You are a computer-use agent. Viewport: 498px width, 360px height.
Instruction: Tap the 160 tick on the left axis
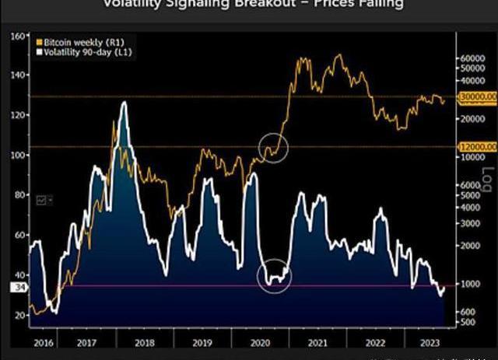pos(17,36)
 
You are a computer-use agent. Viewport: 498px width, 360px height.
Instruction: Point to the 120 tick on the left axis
pos(17,115)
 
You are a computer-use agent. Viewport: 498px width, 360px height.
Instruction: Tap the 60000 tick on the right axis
pos(472,58)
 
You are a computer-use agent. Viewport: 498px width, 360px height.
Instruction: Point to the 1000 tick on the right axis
pos(469,284)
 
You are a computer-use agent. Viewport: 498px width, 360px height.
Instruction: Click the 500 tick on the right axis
pos(468,320)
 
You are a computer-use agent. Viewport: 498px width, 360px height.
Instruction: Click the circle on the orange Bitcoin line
pos(272,146)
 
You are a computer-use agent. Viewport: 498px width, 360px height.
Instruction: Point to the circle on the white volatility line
pos(274,277)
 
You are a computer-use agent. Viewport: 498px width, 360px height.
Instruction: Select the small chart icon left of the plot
pos(41,199)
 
